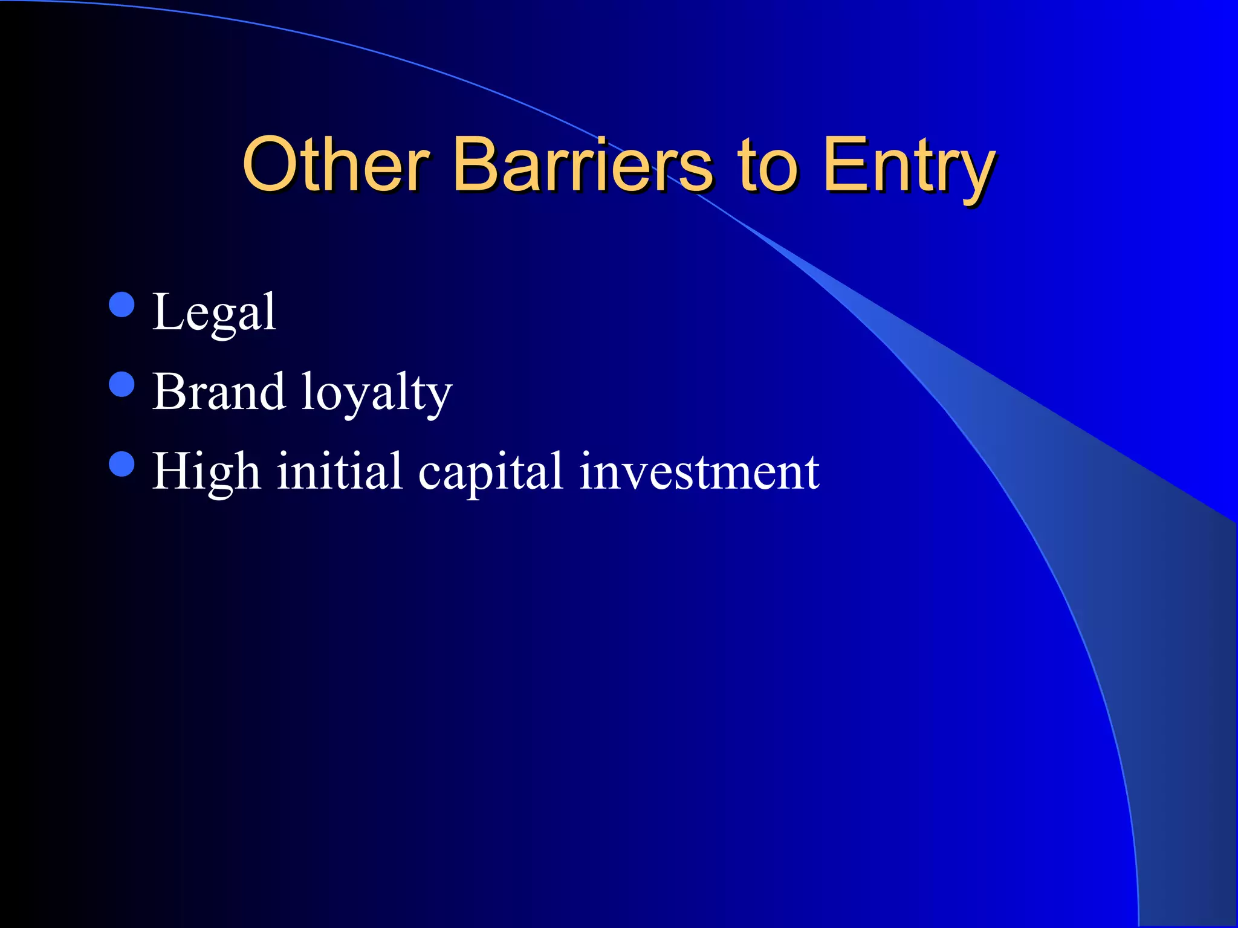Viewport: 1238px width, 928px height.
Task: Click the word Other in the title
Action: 336,164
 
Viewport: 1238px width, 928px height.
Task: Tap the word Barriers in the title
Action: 583,164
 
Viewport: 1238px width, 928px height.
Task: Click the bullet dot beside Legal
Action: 122,304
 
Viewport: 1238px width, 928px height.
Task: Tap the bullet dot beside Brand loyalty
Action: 122,384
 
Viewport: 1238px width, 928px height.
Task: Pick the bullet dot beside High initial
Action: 122,464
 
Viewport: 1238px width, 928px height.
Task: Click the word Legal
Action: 215,313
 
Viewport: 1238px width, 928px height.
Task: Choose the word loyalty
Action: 377,393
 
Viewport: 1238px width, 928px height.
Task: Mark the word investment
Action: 699,471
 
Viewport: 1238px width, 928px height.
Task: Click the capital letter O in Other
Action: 270,164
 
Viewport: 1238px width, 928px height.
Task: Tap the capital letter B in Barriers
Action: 478,164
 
